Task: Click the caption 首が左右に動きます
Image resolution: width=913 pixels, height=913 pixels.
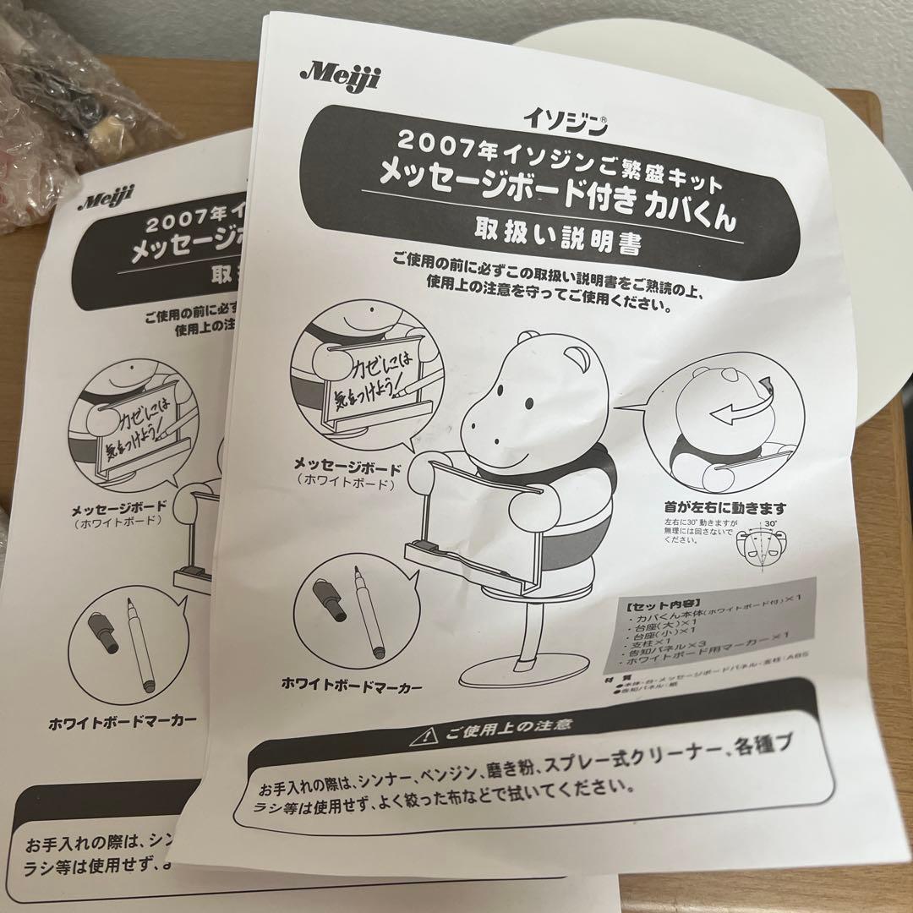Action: coord(725,509)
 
